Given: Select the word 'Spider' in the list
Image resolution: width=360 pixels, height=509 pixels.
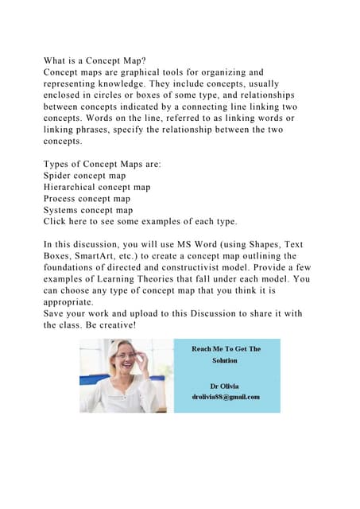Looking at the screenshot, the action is pos(60,175).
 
